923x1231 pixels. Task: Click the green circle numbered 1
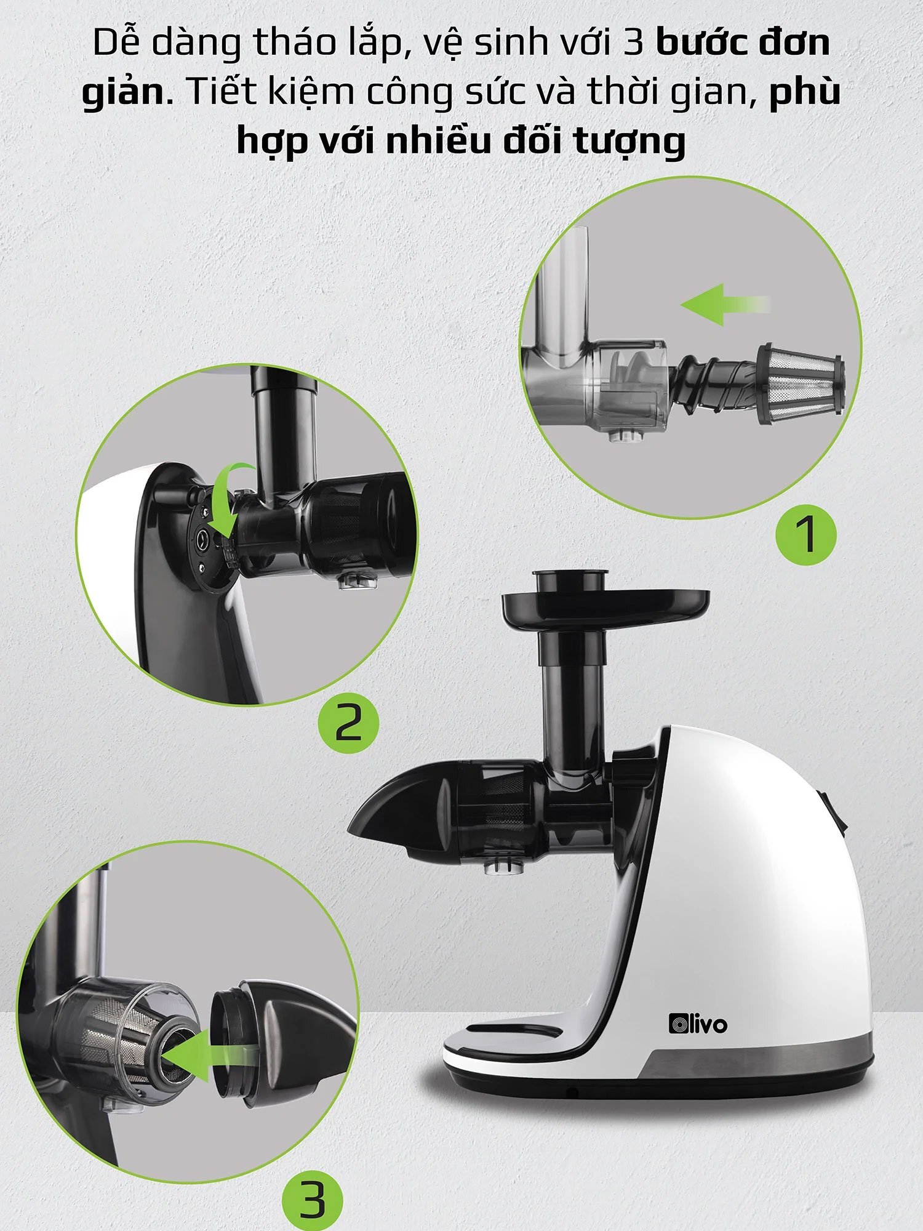805,535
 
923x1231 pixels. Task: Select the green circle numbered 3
313,1198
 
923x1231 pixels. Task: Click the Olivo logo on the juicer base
698,1024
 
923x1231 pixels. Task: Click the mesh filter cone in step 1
799,384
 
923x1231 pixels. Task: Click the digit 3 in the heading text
634,43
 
